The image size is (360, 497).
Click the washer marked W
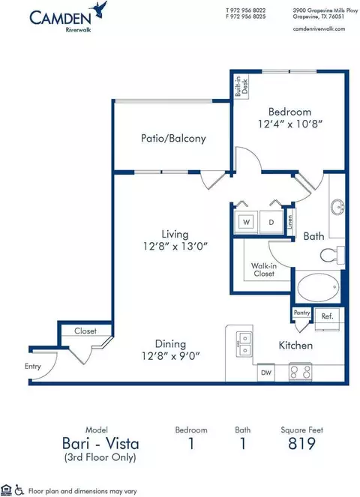point(246,222)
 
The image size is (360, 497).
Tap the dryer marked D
point(271,222)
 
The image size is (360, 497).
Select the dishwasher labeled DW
point(266,373)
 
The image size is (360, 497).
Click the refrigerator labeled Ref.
point(327,318)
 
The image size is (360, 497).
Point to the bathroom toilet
point(332,255)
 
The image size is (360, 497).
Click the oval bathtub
point(318,288)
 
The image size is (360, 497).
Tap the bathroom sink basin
point(337,208)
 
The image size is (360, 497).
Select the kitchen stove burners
point(300,372)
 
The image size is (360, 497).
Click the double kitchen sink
point(244,344)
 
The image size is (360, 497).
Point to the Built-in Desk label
point(241,86)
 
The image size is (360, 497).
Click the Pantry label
point(301,313)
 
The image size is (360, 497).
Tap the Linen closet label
point(290,222)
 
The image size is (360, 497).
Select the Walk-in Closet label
point(264,269)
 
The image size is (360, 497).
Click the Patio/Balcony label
point(173,139)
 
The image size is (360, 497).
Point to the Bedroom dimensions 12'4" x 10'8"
point(290,124)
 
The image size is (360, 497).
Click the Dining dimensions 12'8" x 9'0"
point(171,356)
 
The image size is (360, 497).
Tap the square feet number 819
point(301,444)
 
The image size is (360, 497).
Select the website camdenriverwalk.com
point(319,28)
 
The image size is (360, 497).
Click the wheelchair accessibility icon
point(19,490)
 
